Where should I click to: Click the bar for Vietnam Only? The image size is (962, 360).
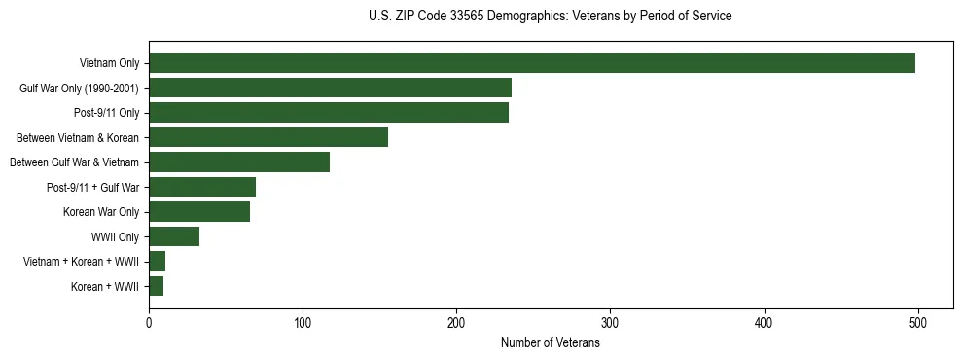pos(532,63)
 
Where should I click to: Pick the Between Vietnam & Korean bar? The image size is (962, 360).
pos(268,137)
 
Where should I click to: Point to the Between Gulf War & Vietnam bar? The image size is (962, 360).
pos(239,162)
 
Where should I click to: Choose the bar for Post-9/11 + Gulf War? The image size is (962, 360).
pos(202,187)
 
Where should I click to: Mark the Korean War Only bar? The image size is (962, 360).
pos(199,212)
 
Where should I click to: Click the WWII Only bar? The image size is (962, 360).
pos(174,236)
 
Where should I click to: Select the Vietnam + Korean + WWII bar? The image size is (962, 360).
pos(158,262)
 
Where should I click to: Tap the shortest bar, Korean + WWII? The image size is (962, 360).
pos(157,286)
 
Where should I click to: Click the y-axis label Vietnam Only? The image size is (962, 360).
pos(109,64)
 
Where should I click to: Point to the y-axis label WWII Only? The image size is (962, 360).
pos(115,237)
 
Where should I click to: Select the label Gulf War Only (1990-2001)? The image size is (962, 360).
pos(79,89)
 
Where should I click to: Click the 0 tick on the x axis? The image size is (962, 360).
pos(149,322)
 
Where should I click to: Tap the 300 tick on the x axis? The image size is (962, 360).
pos(610,322)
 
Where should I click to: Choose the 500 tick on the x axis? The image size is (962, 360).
pos(917,322)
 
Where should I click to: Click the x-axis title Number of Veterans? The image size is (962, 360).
pos(551,343)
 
